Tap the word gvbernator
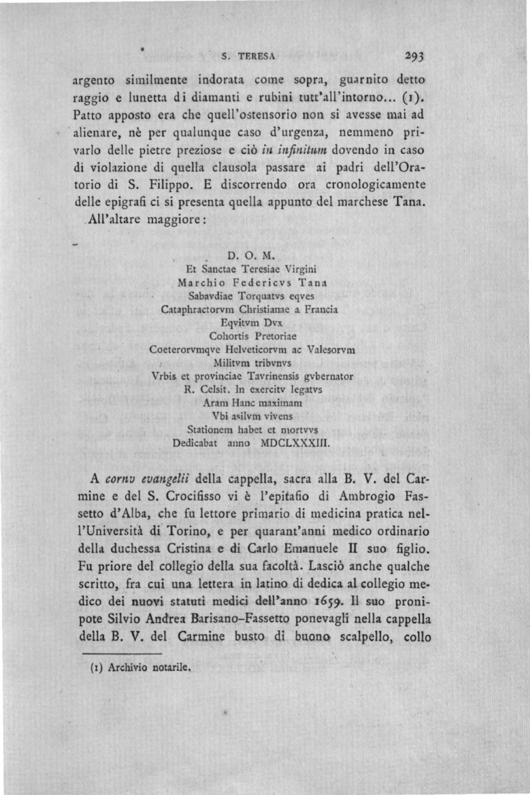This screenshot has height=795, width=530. [x=327, y=376]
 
